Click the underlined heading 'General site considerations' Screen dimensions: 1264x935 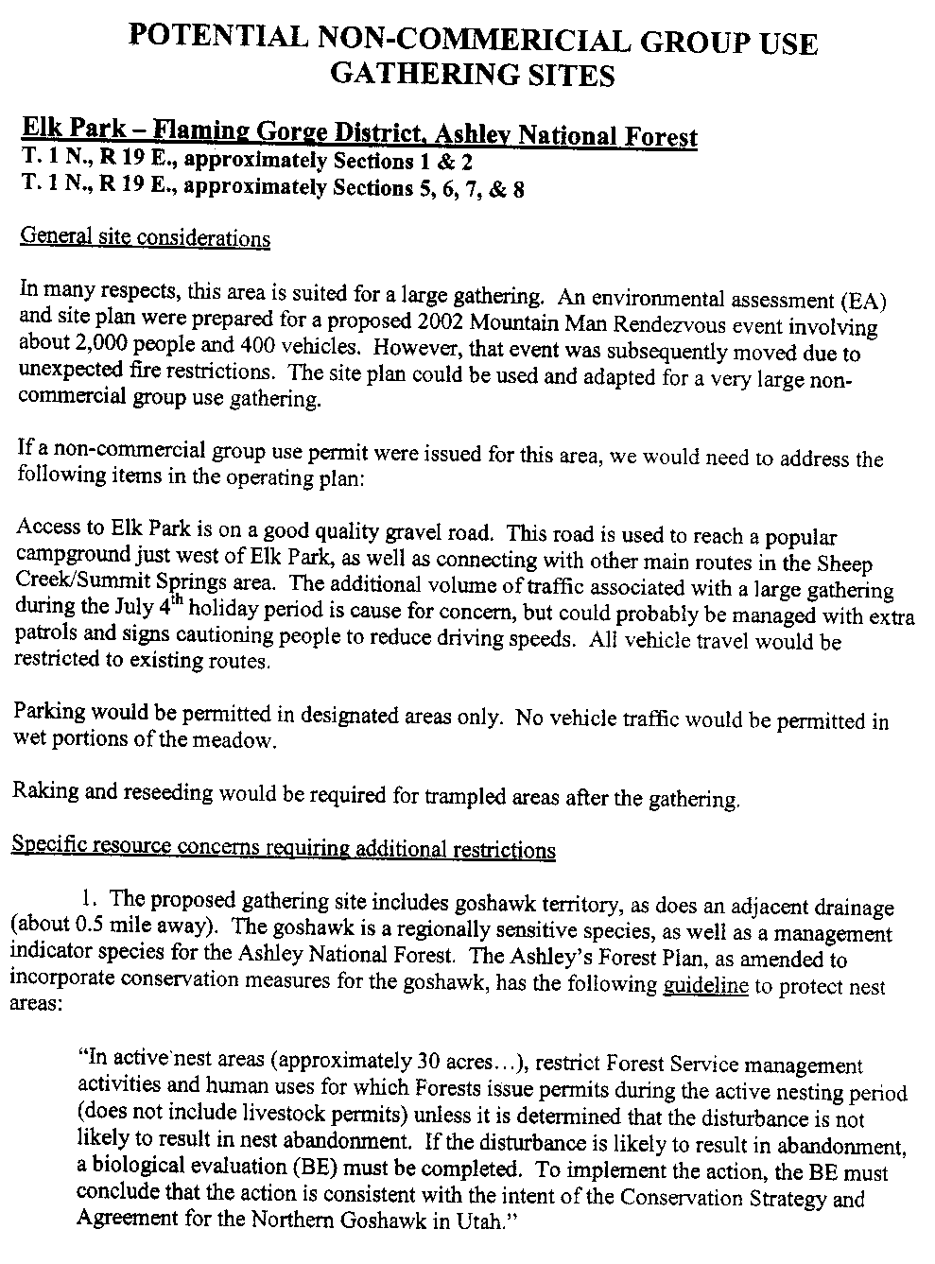click(145, 237)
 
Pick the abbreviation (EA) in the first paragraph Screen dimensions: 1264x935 click(862, 303)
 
